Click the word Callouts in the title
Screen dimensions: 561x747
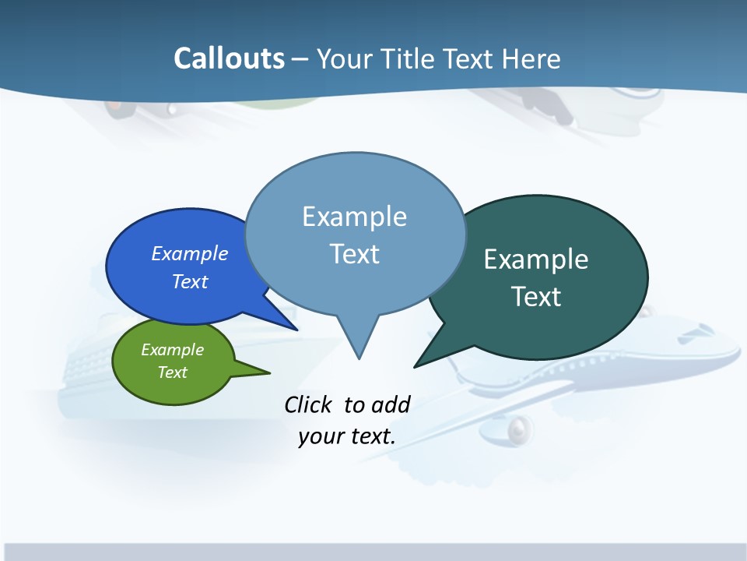pyautogui.click(x=229, y=58)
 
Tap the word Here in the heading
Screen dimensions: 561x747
pyautogui.click(x=531, y=58)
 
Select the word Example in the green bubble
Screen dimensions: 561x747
pyautogui.click(x=172, y=350)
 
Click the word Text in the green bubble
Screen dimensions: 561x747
pyautogui.click(x=172, y=372)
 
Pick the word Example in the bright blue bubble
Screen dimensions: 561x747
pyautogui.click(x=189, y=253)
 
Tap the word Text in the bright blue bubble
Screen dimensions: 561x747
pyautogui.click(x=189, y=281)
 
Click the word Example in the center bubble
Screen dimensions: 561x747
pyautogui.click(x=354, y=217)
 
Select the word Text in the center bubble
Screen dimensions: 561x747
pyautogui.click(x=354, y=254)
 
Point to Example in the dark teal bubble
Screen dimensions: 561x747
pyautogui.click(x=536, y=259)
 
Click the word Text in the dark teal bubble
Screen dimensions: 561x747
pyautogui.click(x=536, y=297)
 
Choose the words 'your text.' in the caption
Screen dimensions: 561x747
pyautogui.click(x=346, y=436)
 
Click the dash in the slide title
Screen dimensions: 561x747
pyautogui.click(x=300, y=59)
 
